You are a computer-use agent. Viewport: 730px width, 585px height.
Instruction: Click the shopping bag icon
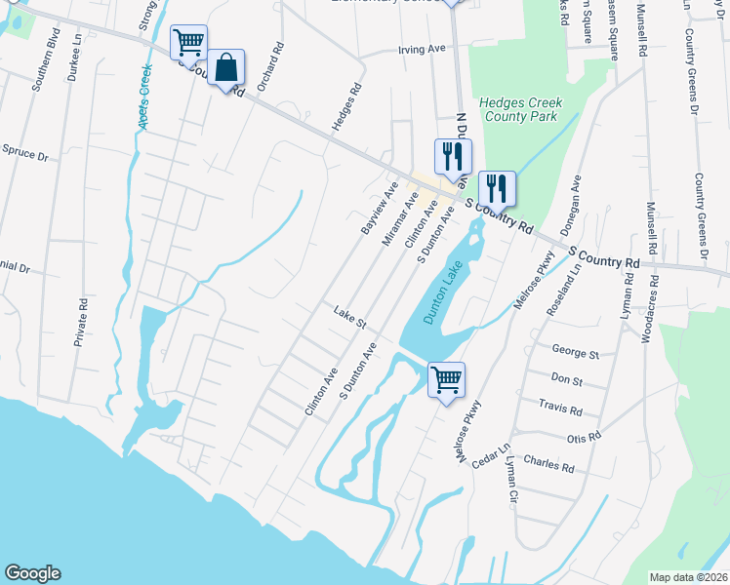[x=225, y=69]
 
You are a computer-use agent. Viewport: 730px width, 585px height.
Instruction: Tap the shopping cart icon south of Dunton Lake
[x=446, y=380]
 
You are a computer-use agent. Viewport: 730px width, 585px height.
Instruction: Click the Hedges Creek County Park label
[x=520, y=109]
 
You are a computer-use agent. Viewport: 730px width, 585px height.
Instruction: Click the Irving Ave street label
[x=421, y=50]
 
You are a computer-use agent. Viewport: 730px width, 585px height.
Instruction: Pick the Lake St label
[x=348, y=316]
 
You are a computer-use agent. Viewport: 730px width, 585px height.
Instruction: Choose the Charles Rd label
[x=548, y=463]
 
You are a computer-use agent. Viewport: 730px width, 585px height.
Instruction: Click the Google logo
[x=32, y=573]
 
